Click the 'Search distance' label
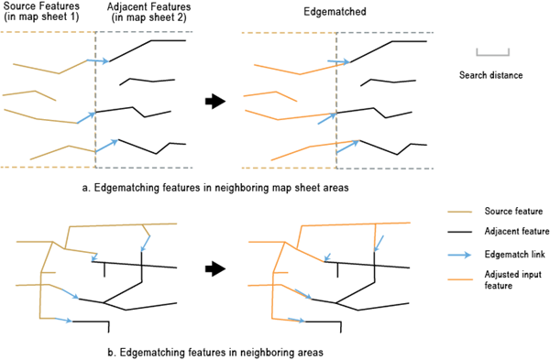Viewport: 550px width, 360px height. (x=490, y=75)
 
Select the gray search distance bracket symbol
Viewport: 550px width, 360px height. (x=492, y=55)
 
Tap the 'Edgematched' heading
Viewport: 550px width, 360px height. (x=335, y=12)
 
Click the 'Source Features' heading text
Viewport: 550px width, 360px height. (x=41, y=6)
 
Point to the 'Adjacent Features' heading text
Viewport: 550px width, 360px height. (x=149, y=6)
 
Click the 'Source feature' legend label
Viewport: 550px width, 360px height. (x=513, y=211)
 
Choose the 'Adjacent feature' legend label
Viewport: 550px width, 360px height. (x=517, y=232)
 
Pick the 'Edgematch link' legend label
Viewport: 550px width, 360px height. (x=514, y=254)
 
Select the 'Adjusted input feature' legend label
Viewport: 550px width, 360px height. (x=512, y=279)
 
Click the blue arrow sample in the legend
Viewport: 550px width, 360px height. (x=459, y=255)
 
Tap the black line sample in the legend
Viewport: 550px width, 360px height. (x=459, y=232)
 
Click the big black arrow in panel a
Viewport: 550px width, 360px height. (x=215, y=102)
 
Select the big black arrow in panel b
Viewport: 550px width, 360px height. (x=215, y=269)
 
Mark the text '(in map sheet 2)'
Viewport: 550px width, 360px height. (x=149, y=17)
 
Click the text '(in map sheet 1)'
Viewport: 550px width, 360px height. (x=41, y=16)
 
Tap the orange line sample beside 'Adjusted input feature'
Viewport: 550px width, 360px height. (x=460, y=279)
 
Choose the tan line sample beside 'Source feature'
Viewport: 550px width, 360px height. (x=460, y=212)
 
